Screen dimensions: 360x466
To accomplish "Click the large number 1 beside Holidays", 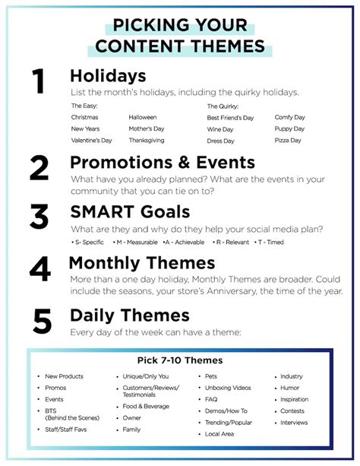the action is coord(39,81).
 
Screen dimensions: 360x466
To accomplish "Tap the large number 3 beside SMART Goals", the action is coord(39,217).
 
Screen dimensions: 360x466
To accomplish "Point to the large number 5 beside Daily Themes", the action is coord(43,321).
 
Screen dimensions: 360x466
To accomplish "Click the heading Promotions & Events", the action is coord(163,163).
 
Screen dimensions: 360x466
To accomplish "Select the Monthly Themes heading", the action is coord(142,263).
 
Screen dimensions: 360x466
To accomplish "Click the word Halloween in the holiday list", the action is coord(143,117).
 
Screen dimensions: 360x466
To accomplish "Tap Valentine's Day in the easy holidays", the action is coord(91,141).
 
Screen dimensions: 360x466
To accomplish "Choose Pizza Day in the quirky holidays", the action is coord(288,141).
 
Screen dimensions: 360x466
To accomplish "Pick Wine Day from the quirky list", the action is coord(220,129).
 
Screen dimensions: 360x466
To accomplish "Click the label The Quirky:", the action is coord(223,106).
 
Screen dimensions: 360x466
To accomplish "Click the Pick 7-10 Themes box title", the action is coord(180,360).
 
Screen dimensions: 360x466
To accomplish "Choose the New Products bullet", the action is coord(64,376).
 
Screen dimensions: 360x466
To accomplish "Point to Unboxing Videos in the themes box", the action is coord(228,388).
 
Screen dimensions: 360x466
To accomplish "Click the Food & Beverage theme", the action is coord(146,406).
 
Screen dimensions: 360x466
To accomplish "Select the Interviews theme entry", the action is coord(294,423).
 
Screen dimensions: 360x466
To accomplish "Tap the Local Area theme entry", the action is coord(219,434).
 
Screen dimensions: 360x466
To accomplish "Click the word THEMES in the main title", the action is coord(228,46).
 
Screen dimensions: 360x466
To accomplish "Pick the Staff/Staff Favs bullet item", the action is coord(65,430).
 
